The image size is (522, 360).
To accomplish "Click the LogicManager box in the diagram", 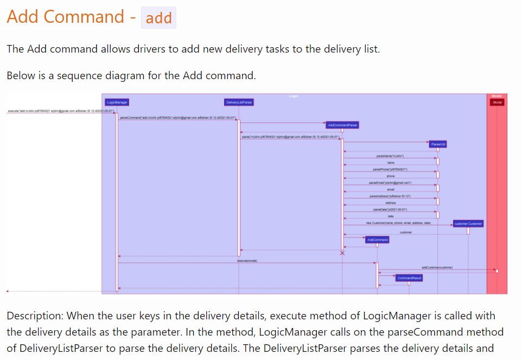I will [118, 102].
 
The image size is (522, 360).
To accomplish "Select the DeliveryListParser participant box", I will [239, 102].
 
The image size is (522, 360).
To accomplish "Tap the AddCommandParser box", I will [342, 125].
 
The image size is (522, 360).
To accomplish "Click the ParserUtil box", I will [438, 144].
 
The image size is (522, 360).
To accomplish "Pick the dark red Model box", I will [498, 102].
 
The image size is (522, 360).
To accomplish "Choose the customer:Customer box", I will [468, 223].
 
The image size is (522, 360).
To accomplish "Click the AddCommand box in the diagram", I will [377, 240].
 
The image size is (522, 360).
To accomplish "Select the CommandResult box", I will [410, 278].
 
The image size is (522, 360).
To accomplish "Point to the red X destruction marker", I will [342, 253].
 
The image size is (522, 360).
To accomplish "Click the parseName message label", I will [390, 156].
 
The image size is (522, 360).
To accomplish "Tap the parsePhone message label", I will [391, 170].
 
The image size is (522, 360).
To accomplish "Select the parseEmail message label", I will [390, 183].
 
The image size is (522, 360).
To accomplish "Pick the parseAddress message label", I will [390, 196].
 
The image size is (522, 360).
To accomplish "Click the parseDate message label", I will [390, 209].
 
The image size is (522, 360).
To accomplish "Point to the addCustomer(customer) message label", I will [437, 267].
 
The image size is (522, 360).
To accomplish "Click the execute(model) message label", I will [247, 261].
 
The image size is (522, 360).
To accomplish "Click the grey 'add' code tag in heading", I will [158, 18].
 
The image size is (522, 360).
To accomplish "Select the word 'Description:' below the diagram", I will [35, 316].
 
